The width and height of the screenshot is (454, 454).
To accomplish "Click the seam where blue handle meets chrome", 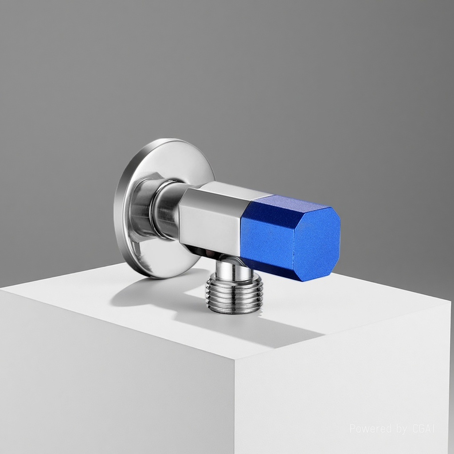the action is pos(245,231).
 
